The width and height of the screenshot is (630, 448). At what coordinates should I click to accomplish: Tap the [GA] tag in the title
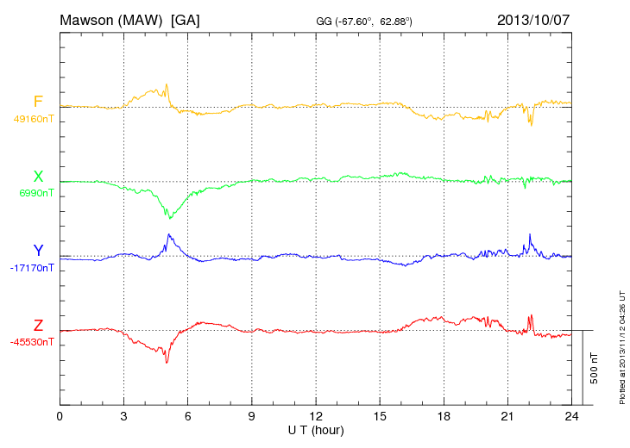click(x=186, y=19)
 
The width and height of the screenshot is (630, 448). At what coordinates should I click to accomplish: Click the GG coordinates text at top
click(x=364, y=21)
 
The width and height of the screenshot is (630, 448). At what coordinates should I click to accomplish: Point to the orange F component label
click(x=38, y=103)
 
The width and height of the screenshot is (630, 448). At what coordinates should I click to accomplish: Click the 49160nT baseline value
click(x=33, y=120)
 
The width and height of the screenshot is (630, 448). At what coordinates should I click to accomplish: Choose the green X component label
click(x=38, y=177)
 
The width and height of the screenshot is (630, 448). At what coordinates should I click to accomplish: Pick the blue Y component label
click(x=38, y=251)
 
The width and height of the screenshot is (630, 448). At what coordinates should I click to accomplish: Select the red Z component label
click(x=38, y=325)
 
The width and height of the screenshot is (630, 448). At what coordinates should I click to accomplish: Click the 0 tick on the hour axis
click(x=60, y=416)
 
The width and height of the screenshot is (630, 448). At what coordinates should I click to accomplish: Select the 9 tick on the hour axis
click(x=252, y=416)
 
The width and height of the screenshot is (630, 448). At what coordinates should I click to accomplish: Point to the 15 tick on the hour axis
click(x=380, y=416)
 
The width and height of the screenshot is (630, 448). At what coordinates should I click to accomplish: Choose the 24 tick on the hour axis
click(x=571, y=416)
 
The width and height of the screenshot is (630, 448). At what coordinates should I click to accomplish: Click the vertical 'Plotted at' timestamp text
click(x=621, y=345)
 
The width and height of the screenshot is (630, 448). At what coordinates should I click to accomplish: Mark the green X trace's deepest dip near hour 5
click(x=170, y=218)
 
